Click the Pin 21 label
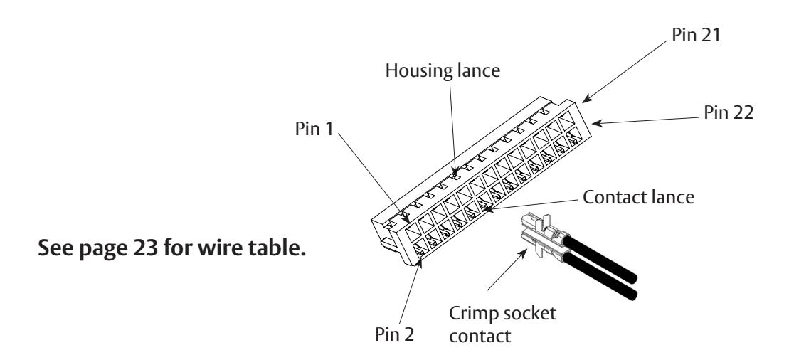pyautogui.click(x=696, y=35)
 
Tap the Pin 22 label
pyautogui.click(x=729, y=113)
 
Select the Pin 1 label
pyautogui.click(x=314, y=128)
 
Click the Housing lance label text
pyautogui.click(x=443, y=70)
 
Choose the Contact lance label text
pyautogui.click(x=639, y=197)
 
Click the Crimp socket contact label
pyautogui.click(x=503, y=324)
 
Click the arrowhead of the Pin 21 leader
pyautogui.click(x=587, y=99)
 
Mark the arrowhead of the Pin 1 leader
pyautogui.click(x=405, y=218)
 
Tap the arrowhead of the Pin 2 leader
pyautogui.click(x=420, y=262)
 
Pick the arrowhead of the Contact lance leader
pyautogui.click(x=487, y=208)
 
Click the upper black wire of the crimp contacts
pyautogui.click(x=600, y=258)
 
